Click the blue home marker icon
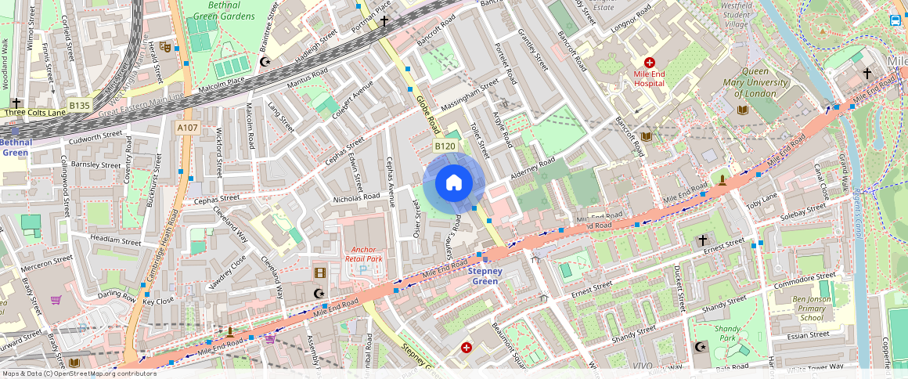454,183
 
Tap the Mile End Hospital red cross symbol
649,63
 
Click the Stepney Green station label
485,276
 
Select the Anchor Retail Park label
364,254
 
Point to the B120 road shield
445,146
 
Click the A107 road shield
187,128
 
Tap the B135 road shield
79,104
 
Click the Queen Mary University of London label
755,82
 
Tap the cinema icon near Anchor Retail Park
319,273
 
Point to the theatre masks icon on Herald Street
165,47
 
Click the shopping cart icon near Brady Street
56,300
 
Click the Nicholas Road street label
356,197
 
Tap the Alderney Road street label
532,168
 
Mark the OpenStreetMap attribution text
78,374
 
